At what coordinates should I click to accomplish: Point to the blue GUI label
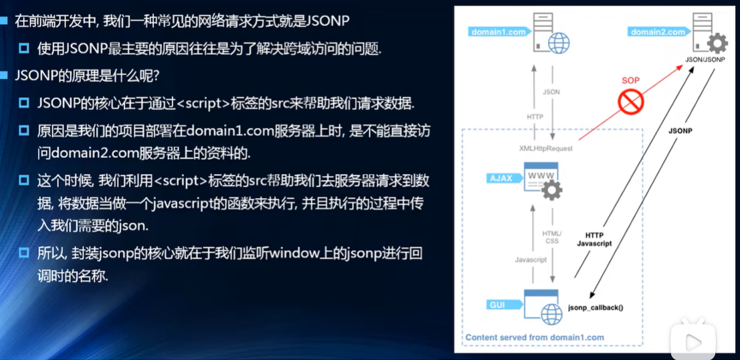(504, 305)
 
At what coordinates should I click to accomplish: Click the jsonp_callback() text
(595, 308)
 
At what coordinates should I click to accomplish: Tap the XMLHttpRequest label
(546, 148)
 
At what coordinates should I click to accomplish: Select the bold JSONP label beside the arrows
(680, 131)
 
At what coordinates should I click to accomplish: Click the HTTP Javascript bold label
(594, 239)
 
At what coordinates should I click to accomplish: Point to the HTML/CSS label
(552, 237)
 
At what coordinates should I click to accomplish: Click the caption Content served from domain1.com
(535, 337)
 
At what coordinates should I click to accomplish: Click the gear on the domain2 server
(717, 44)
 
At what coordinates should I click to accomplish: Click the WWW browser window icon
(541, 177)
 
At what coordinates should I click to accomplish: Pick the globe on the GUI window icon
(552, 314)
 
